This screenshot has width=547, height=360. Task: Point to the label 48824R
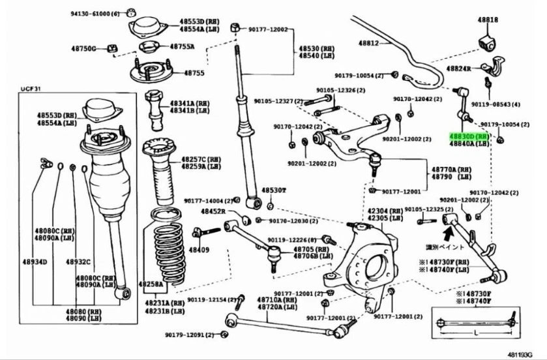[459, 68]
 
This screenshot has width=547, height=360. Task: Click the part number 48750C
[84, 49]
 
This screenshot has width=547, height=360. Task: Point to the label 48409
[200, 250]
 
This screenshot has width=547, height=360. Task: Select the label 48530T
[274, 190]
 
